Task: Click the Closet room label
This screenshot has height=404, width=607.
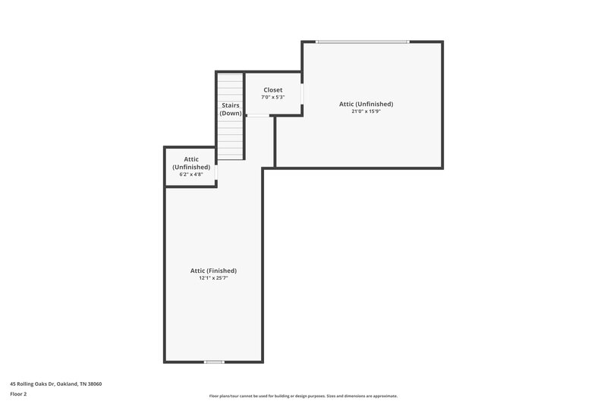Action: tap(272, 89)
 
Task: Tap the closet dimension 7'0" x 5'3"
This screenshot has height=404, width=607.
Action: tap(272, 97)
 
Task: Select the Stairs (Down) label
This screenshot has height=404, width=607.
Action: tap(231, 109)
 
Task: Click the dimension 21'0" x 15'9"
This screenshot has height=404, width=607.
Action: tap(366, 111)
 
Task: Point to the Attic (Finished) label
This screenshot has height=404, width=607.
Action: tap(213, 271)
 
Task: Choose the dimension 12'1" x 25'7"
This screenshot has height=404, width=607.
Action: tap(213, 278)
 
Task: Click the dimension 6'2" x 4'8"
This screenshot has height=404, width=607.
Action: tap(191, 174)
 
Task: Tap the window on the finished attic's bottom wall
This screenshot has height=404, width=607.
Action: tap(215, 362)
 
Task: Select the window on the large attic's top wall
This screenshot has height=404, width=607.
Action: tap(363, 42)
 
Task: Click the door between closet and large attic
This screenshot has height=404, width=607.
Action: tap(302, 92)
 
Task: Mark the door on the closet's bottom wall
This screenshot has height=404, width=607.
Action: tap(258, 115)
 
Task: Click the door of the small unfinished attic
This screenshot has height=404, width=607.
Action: tap(216, 173)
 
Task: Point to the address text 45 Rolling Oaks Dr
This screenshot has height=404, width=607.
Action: tap(33, 384)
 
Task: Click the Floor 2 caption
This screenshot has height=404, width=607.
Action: tap(18, 394)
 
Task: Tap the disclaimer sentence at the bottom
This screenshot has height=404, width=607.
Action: tap(303, 396)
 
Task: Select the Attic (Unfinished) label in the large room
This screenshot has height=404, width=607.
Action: tap(366, 104)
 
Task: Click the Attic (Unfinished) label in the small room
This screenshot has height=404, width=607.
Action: tap(191, 163)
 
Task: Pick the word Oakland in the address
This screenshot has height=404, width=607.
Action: tap(67, 384)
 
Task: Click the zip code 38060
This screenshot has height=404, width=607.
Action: tap(94, 384)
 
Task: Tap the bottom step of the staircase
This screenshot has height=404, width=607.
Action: tap(231, 157)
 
